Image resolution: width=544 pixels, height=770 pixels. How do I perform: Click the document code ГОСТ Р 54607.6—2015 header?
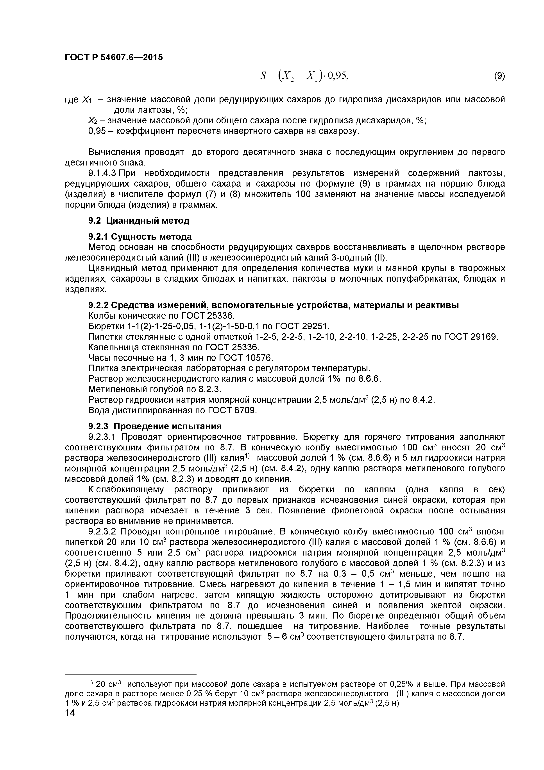(x=114, y=57)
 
